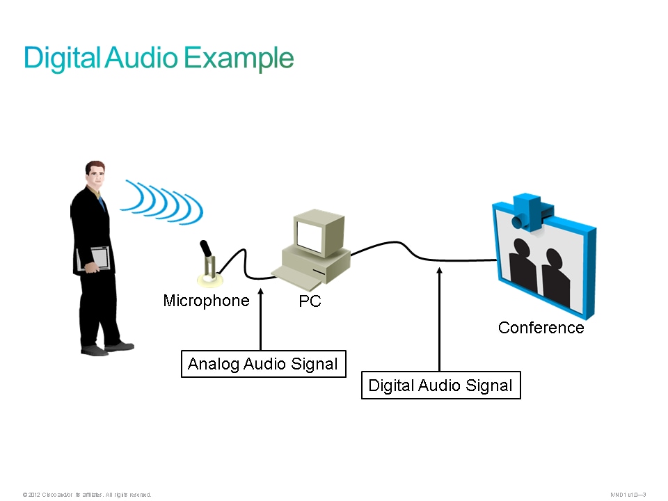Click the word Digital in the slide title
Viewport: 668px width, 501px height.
click(62, 58)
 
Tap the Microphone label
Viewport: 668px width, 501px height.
click(206, 301)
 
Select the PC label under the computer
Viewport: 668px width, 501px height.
click(310, 302)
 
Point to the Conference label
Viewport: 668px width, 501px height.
click(541, 328)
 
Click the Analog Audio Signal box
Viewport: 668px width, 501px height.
click(263, 364)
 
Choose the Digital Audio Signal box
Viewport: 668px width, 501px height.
click(440, 385)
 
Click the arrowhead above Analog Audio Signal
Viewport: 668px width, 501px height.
click(260, 293)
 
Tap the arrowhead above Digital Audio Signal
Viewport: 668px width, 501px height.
click(439, 271)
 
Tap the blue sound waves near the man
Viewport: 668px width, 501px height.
click(164, 200)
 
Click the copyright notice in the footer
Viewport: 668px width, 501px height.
click(87, 495)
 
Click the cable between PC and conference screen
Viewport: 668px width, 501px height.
click(404, 247)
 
